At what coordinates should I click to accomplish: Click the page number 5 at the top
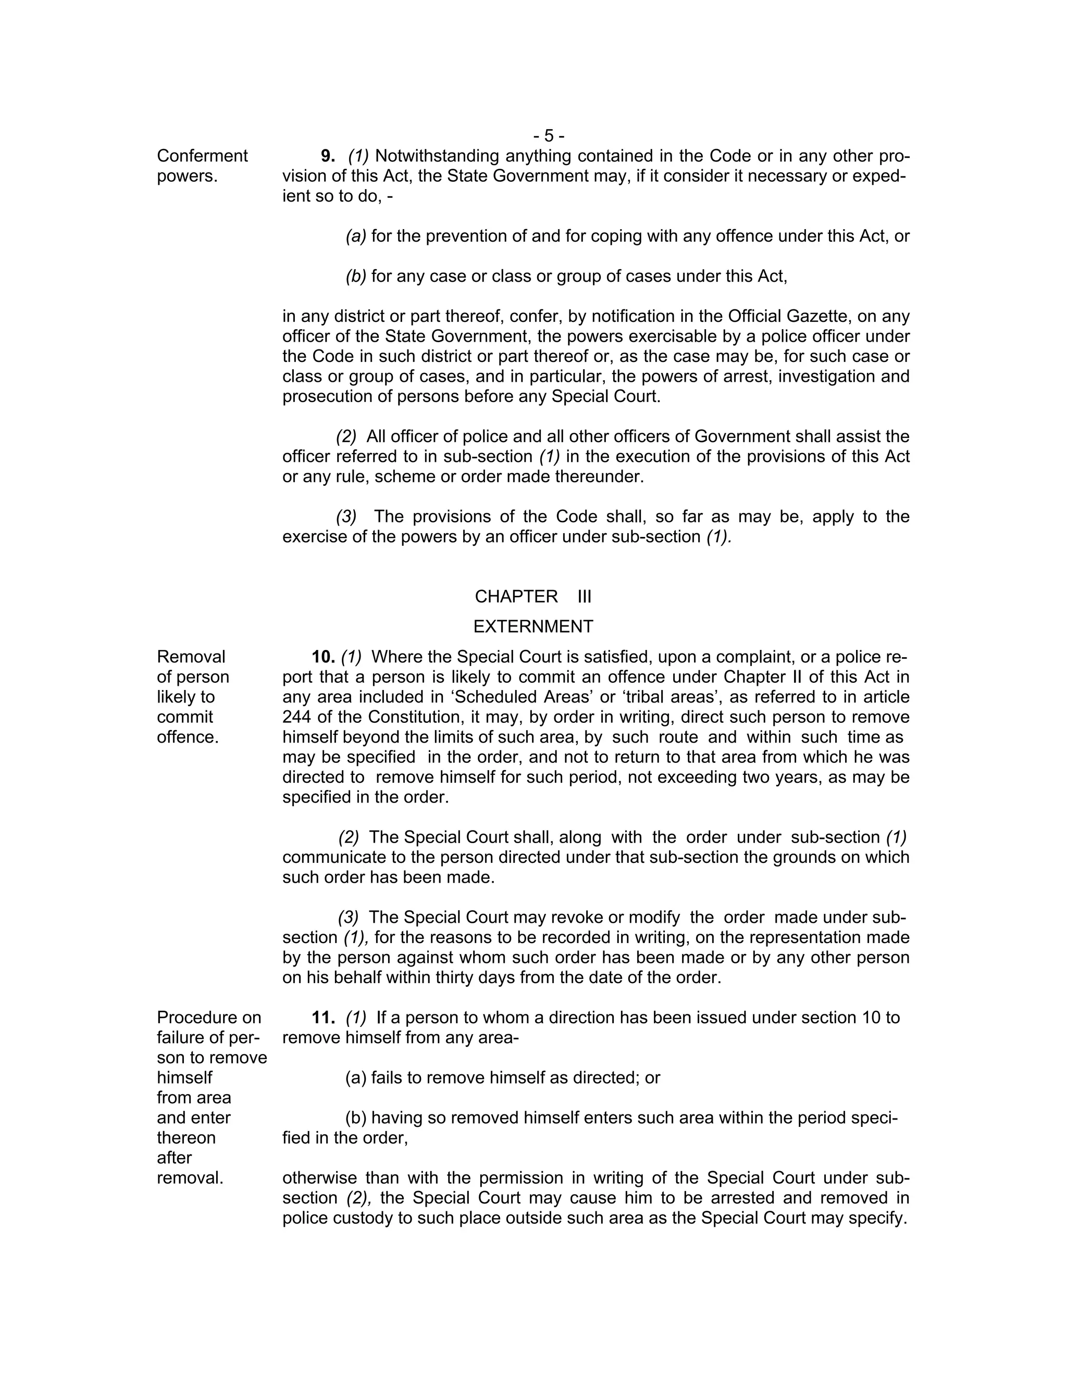click(x=549, y=136)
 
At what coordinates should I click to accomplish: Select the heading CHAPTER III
click(x=533, y=596)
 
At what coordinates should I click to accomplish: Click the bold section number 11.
click(x=323, y=1018)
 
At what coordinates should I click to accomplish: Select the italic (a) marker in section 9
click(x=356, y=236)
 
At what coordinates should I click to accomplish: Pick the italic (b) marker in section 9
click(x=356, y=276)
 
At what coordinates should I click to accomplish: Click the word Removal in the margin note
click(x=191, y=657)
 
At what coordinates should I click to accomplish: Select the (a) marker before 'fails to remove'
click(x=356, y=1078)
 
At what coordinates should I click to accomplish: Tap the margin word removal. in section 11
click(x=190, y=1178)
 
